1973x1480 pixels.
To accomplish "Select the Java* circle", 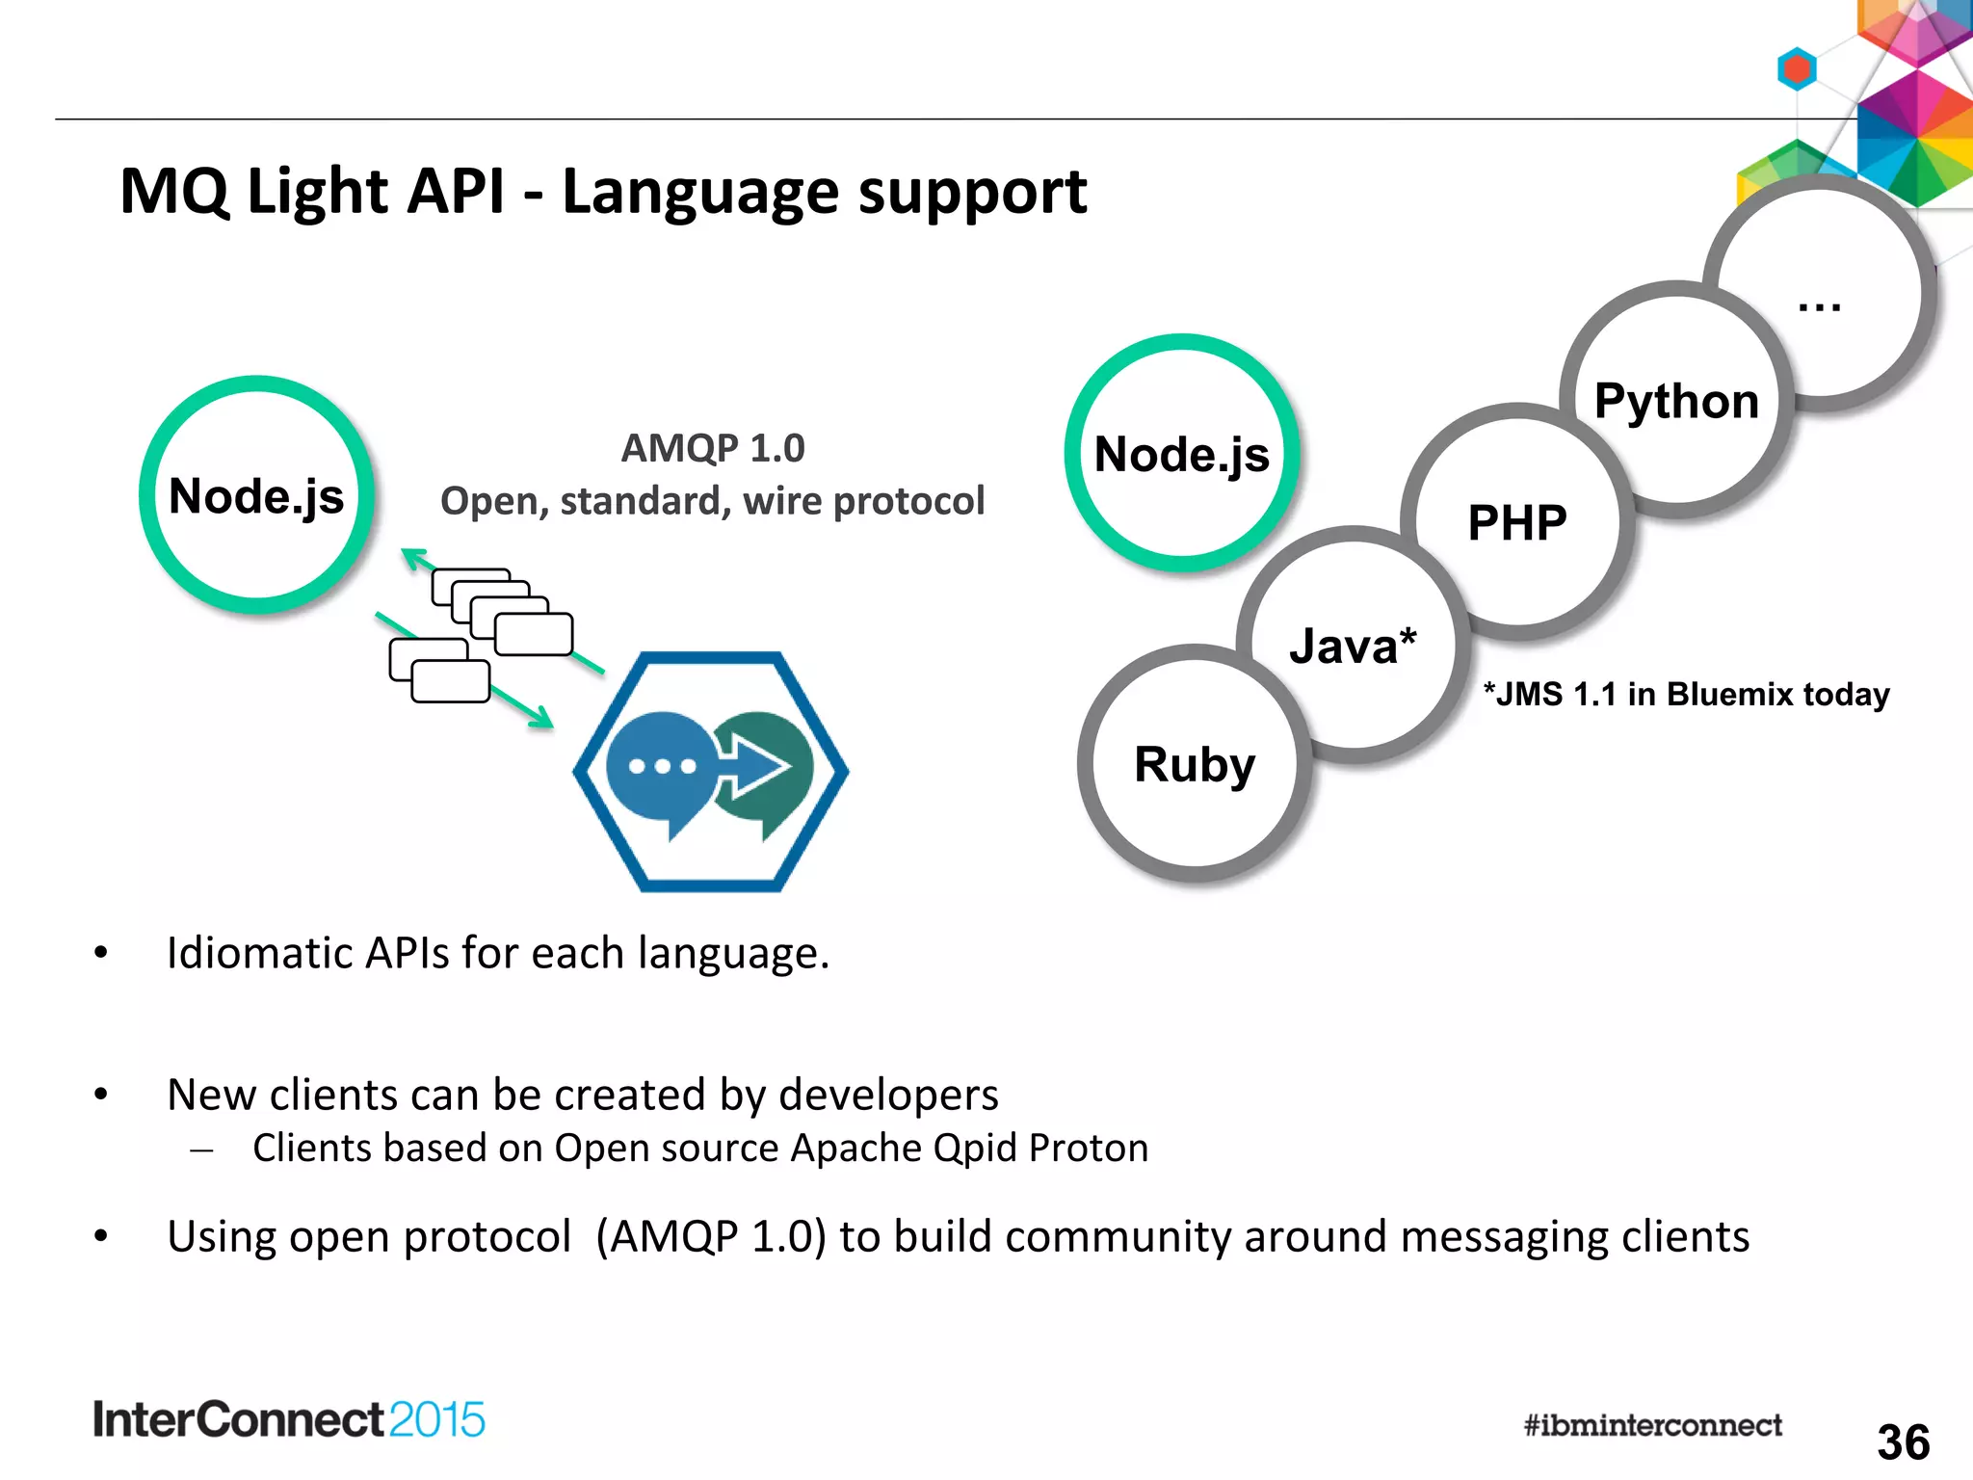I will (x=1354, y=646).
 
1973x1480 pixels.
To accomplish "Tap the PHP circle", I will (x=1516, y=523).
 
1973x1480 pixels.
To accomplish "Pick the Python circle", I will (x=1676, y=400).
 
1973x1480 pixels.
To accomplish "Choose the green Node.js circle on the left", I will (x=256, y=495).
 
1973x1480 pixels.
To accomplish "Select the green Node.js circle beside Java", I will (x=1182, y=453).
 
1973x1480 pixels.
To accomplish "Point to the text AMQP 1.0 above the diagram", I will (x=713, y=448).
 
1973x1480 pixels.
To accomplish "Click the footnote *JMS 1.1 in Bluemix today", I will (x=1686, y=694).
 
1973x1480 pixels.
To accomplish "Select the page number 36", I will (x=1903, y=1442).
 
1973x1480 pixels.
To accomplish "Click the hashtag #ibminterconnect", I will (x=1652, y=1425).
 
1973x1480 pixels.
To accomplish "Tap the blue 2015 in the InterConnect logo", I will (x=437, y=1420).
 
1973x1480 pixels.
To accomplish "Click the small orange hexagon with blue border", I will (x=1797, y=69).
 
